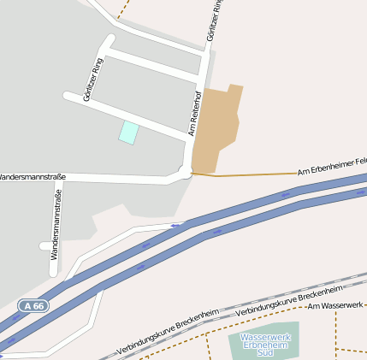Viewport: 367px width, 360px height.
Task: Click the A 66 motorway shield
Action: tap(33, 305)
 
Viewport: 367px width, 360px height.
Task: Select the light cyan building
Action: tap(128, 133)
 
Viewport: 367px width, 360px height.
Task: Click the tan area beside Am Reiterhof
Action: tap(214, 128)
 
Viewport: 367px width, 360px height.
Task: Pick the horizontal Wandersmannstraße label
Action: tap(31, 177)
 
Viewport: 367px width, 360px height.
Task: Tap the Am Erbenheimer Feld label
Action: tap(333, 166)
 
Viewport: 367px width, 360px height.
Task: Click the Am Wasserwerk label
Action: tap(335, 305)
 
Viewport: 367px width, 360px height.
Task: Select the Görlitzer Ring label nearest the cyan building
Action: tap(92, 80)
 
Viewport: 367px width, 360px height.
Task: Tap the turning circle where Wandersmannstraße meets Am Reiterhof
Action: tap(185, 173)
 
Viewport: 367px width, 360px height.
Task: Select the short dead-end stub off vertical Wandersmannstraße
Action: tap(45, 246)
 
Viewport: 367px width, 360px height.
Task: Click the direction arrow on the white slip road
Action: tap(176, 226)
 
